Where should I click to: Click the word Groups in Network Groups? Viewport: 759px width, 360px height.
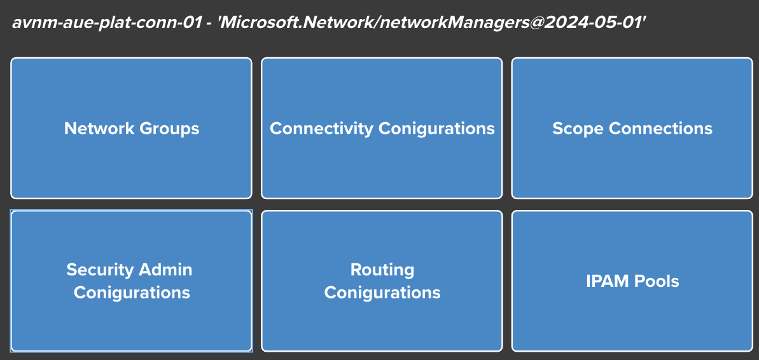(170, 128)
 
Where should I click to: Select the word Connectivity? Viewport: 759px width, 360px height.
(321, 128)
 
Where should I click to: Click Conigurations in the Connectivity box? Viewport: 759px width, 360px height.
(436, 128)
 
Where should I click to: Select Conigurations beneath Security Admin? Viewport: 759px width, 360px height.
(132, 293)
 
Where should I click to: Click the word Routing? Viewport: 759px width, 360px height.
(382, 270)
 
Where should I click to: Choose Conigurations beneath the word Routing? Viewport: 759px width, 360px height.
(382, 293)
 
